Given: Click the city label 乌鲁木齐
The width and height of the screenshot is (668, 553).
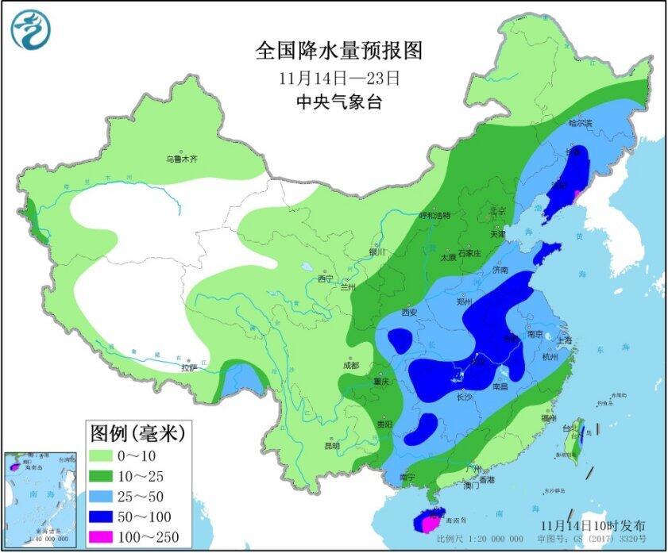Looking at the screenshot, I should point(181,159).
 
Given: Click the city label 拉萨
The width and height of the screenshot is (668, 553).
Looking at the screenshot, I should point(188,368).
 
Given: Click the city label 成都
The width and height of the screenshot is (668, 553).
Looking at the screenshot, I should point(350,366).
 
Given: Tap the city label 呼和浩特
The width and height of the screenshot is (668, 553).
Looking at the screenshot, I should point(434,215).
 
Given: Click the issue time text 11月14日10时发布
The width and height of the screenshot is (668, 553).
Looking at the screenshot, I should point(593,526).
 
